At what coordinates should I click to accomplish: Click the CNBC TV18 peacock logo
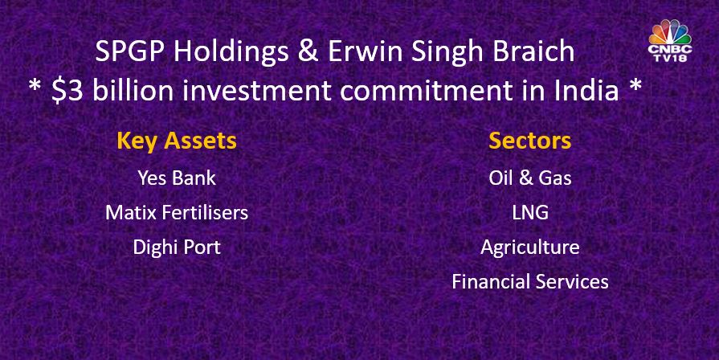click(x=670, y=41)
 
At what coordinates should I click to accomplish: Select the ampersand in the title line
click(x=308, y=51)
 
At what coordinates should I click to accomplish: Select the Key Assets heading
click(x=177, y=141)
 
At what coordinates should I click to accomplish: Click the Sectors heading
click(x=529, y=141)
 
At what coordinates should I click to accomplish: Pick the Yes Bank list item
click(x=177, y=178)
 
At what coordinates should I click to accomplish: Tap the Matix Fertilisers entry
click(x=177, y=212)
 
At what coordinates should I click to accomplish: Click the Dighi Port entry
click(x=177, y=247)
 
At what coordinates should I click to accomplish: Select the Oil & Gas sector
click(x=530, y=178)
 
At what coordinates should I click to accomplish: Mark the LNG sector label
click(x=530, y=213)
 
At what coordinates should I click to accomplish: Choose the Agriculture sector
click(x=530, y=247)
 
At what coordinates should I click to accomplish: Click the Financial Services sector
click(x=530, y=281)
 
